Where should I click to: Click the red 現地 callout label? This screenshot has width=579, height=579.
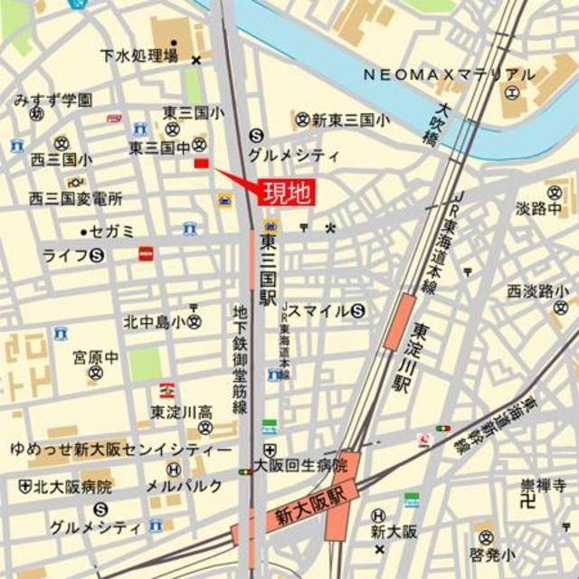pyautogui.click(x=289, y=192)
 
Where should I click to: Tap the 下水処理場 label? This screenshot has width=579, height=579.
pyautogui.click(x=139, y=57)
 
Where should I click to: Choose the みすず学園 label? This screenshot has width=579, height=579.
pyautogui.click(x=52, y=99)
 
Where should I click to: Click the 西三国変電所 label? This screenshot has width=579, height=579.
pyautogui.click(x=75, y=198)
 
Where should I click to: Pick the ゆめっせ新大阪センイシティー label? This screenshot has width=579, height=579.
pyautogui.click(x=120, y=449)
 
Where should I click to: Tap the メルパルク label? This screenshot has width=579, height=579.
pyautogui.click(x=184, y=486)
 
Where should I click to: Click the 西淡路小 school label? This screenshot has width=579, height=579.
pyautogui.click(x=537, y=291)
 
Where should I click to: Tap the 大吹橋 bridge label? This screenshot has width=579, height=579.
pyautogui.click(x=436, y=126)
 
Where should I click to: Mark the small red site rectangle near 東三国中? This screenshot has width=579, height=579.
pyautogui.click(x=202, y=163)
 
